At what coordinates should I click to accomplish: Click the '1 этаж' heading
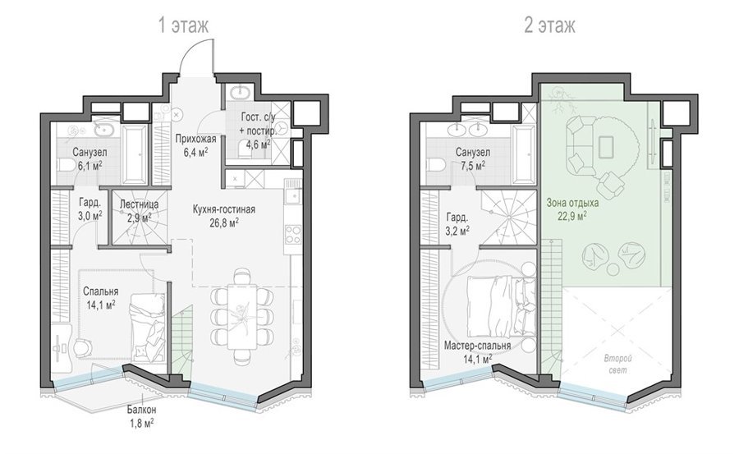click(183, 25)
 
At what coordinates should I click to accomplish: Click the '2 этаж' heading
click(549, 25)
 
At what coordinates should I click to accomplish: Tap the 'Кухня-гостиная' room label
click(224, 209)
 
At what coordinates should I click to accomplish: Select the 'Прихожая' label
click(195, 139)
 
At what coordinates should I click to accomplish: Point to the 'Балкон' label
click(141, 409)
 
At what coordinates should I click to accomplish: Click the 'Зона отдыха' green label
click(572, 204)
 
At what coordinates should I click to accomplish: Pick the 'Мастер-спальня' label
click(477, 346)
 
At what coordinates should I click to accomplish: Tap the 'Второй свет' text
click(617, 365)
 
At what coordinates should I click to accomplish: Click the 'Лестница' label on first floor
click(139, 204)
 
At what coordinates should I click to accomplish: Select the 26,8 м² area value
click(224, 222)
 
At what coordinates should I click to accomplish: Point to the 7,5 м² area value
click(473, 166)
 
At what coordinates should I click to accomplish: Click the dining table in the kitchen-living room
click(243, 316)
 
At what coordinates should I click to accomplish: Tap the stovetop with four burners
click(292, 234)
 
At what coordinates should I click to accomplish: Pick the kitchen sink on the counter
click(293, 195)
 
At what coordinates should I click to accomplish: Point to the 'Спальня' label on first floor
click(100, 291)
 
